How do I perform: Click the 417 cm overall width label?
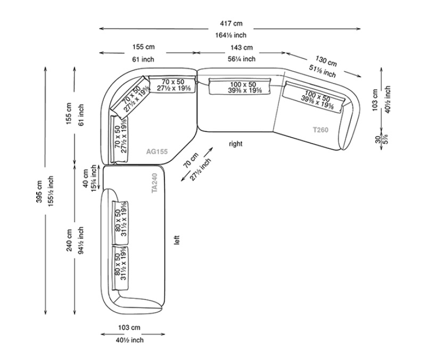pyautogui.click(x=231, y=23)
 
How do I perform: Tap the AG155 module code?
pyautogui.click(x=157, y=152)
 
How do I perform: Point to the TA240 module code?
pyautogui.click(x=154, y=183)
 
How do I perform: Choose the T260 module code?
pyautogui.click(x=320, y=129)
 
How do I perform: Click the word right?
pyautogui.click(x=235, y=144)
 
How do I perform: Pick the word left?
pyautogui.click(x=177, y=240)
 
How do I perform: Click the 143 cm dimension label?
pyautogui.click(x=242, y=48)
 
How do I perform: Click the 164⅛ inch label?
pyautogui.click(x=231, y=36)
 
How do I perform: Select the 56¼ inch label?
pyautogui.click(x=242, y=59)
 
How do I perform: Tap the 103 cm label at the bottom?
pyautogui.click(x=129, y=328)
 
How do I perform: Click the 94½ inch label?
pyautogui.click(x=81, y=241)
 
